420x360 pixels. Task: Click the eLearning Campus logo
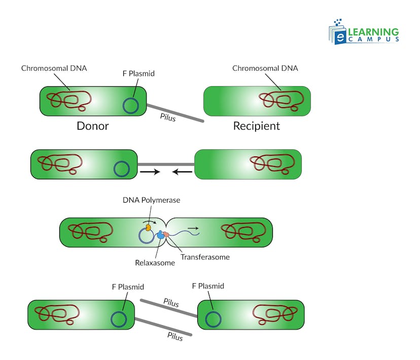(x=364, y=31)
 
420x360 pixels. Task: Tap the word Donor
(x=92, y=126)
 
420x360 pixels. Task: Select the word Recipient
(x=256, y=126)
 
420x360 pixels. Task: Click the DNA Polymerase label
(x=151, y=200)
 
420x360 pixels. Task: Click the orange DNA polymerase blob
(x=148, y=229)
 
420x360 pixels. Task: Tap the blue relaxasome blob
(x=161, y=235)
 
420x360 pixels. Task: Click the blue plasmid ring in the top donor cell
(x=131, y=105)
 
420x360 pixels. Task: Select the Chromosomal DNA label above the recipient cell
(x=265, y=68)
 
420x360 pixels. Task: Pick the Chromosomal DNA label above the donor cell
(x=54, y=68)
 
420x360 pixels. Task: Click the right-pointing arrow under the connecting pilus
(x=149, y=172)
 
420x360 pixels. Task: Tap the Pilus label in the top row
(x=168, y=118)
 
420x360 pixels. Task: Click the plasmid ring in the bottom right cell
(x=213, y=319)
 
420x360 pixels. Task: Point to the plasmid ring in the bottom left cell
(x=119, y=319)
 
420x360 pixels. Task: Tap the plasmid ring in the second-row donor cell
(x=121, y=168)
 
